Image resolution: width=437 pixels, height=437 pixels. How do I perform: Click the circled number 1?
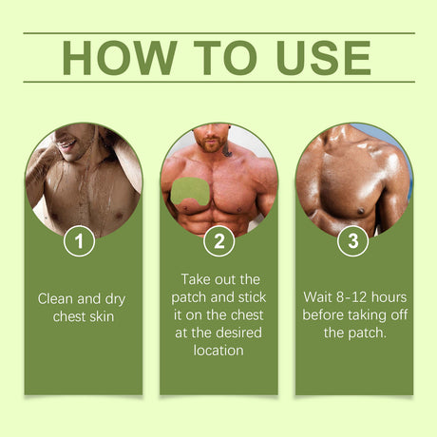(81, 241)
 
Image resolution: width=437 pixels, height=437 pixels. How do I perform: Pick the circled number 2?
(218, 241)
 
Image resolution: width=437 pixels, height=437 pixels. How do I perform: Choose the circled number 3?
(354, 241)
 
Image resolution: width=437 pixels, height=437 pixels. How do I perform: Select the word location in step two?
(218, 350)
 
